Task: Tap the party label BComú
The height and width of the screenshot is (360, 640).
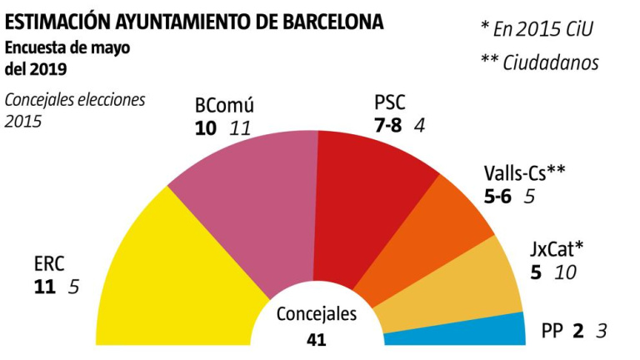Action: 223,106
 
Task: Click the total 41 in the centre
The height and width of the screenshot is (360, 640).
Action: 316,339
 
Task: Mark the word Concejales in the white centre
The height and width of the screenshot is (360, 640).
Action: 316,314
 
